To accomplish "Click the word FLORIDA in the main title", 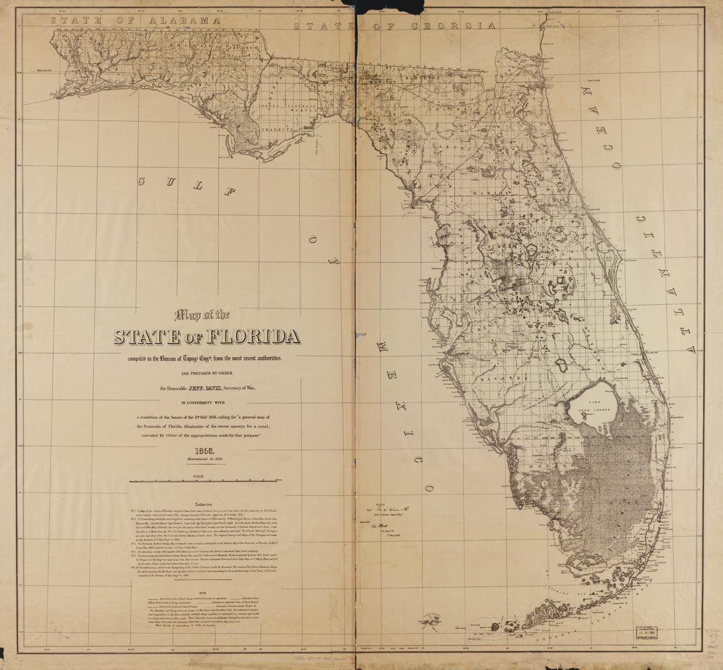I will (254, 337).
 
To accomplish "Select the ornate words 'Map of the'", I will (202, 314).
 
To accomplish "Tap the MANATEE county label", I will (496, 379).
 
